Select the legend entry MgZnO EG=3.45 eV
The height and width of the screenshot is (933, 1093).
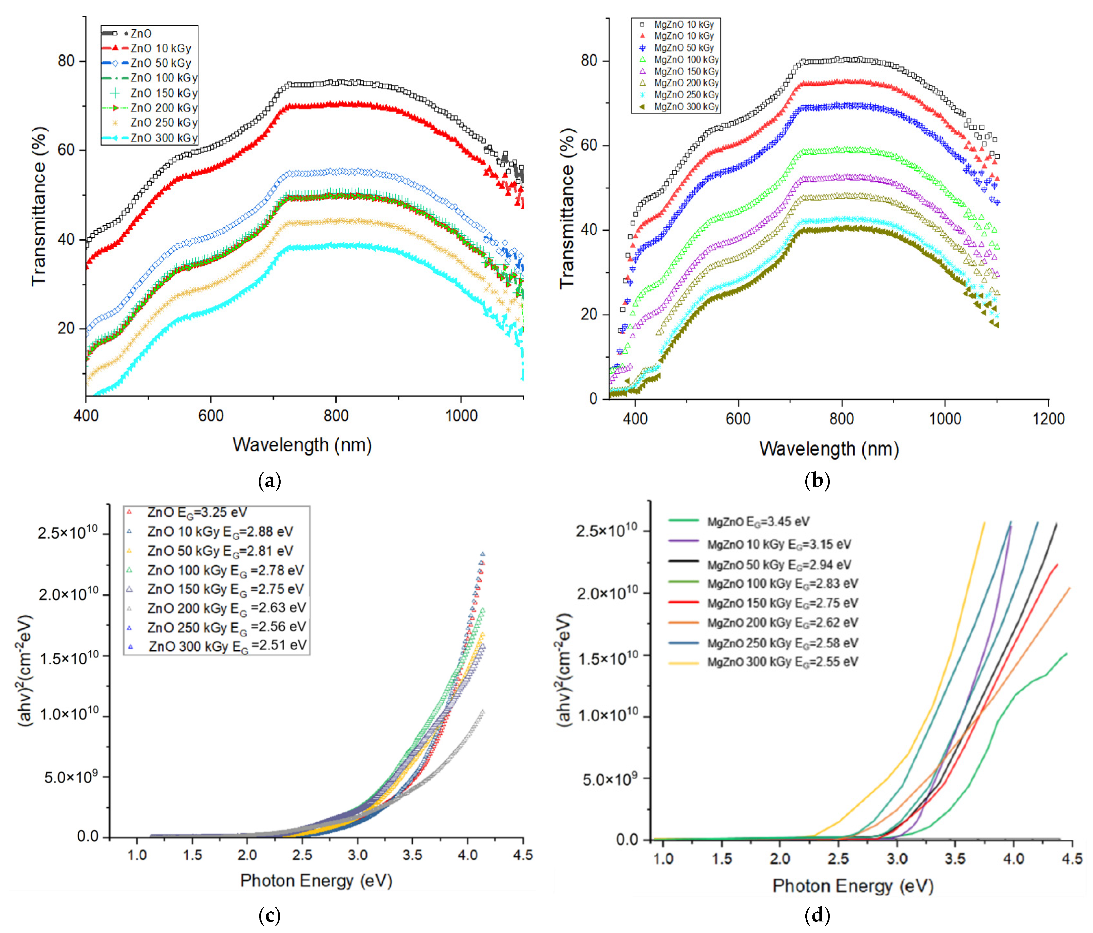pyautogui.click(x=758, y=522)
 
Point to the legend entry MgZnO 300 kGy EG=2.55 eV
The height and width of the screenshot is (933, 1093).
pyautogui.click(x=782, y=662)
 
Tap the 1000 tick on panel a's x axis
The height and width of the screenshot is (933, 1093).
pyautogui.click(x=461, y=416)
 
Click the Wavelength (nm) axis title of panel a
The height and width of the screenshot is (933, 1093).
pyautogui.click(x=302, y=445)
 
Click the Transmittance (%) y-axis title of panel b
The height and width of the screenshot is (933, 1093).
pyautogui.click(x=567, y=208)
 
